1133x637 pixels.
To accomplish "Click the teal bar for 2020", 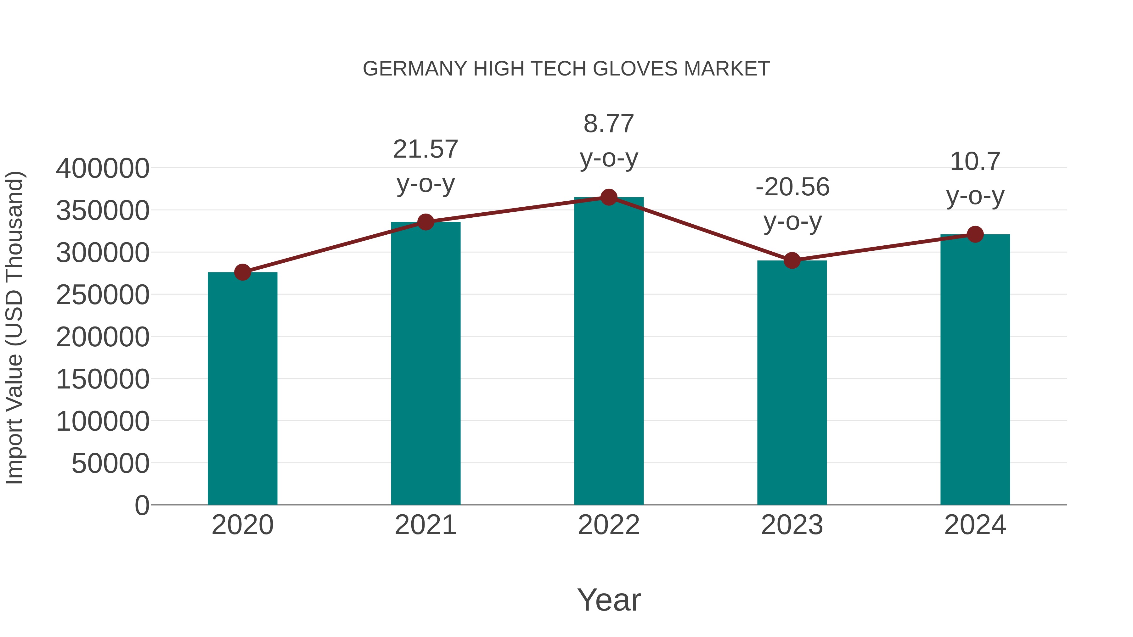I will [242, 389].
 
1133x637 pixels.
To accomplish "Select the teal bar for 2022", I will [609, 352].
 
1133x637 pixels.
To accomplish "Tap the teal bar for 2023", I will [792, 383].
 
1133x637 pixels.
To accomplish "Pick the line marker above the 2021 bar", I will [425, 222].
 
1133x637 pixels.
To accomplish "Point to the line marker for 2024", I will [975, 234].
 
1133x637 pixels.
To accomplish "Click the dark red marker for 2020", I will [242, 272].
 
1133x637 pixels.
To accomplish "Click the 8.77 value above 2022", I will [609, 124].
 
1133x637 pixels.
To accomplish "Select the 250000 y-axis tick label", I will [103, 295].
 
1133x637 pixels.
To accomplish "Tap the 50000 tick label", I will [110, 463].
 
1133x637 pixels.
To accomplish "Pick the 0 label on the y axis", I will [142, 505].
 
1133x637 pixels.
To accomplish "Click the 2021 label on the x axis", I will [425, 525].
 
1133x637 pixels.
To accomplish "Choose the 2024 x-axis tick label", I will [975, 525].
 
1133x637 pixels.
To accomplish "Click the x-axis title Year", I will [609, 600].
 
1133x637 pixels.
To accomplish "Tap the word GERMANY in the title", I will [415, 69].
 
